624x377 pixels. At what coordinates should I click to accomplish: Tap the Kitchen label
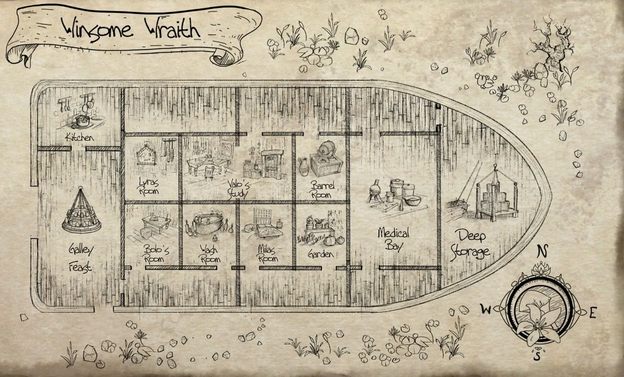coord(79,138)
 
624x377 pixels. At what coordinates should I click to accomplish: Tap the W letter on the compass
coord(486,311)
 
